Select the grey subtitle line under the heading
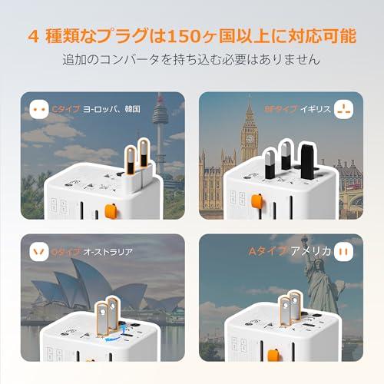pos(192,60)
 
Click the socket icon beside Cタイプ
pos(39,109)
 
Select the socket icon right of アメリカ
pos(343,251)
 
